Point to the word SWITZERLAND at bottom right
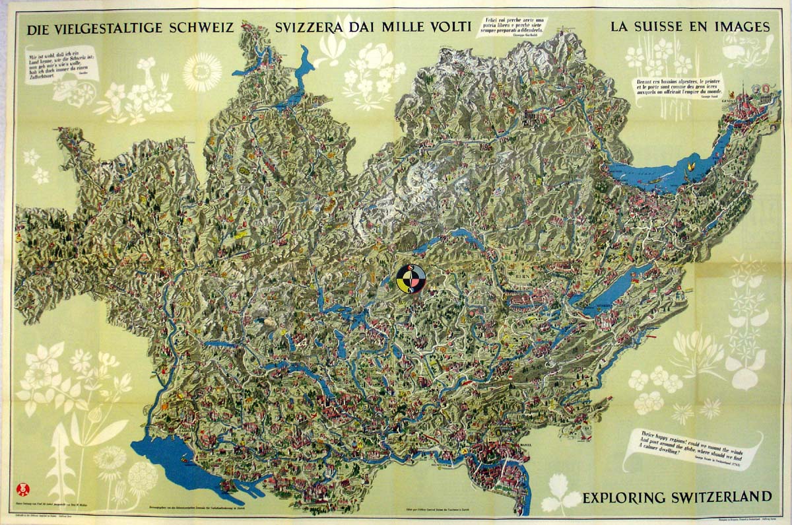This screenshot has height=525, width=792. tap(723, 497)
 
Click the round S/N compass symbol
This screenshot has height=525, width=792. tap(411, 279)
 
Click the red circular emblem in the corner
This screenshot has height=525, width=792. tap(23, 489)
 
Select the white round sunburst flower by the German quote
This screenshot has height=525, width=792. tap(202, 72)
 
